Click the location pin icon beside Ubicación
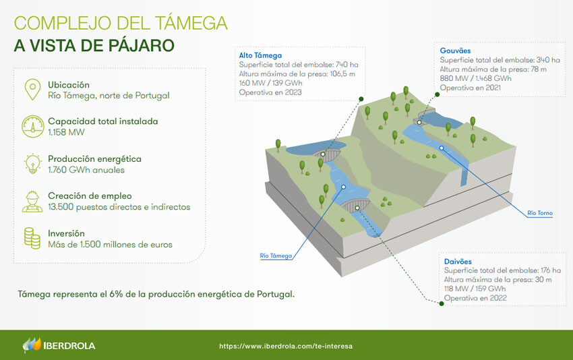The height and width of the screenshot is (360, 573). pos(32,90)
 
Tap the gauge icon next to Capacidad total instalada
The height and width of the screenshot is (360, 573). pos(32,127)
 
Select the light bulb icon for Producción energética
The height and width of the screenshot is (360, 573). pos(32,164)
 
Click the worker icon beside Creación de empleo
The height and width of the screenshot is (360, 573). pos(32,202)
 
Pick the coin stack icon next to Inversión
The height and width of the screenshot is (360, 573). pos(32,238)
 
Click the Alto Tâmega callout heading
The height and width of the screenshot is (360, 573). pos(260,55)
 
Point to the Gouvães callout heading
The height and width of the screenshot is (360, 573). pos(455,51)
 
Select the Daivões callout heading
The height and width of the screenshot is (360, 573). pos(458,262)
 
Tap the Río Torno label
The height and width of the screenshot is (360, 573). pos(540,213)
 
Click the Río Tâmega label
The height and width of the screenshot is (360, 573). pos(276,256)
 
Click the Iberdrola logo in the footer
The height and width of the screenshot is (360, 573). pos(59,345)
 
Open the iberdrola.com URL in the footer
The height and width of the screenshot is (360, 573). pos(286,346)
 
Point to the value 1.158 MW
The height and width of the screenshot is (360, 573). pos(66,132)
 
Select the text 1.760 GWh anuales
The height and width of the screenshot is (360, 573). pos(86,170)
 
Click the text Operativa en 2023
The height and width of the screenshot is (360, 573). pos(270,92)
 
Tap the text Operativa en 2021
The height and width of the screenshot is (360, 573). pos(471,88)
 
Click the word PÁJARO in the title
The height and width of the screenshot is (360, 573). pos(141,46)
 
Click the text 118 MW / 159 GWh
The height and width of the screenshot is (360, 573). pos(475,289)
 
